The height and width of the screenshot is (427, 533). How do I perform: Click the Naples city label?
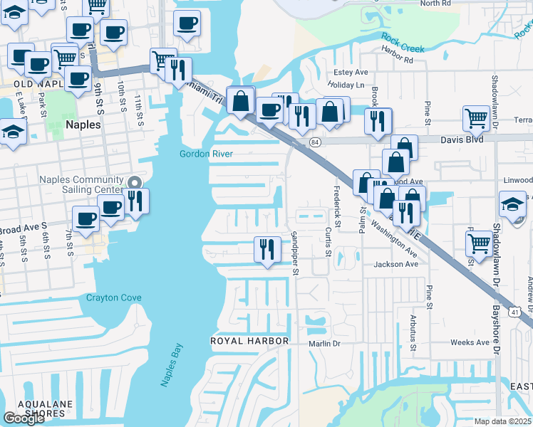click(83, 124)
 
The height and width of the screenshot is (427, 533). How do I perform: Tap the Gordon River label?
click(206, 154)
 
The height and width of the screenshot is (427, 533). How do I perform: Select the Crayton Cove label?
click(114, 297)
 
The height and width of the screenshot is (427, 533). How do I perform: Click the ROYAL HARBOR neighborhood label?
click(249, 341)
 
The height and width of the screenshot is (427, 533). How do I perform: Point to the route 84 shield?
click(316, 142)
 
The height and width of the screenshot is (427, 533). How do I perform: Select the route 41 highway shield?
click(514, 312)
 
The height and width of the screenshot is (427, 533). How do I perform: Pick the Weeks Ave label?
click(470, 342)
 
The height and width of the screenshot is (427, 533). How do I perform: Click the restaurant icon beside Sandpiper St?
click(267, 249)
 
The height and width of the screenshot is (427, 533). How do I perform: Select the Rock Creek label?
click(402, 43)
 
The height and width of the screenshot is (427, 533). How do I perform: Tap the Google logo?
click(24, 418)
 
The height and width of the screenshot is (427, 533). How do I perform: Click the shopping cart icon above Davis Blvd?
click(476, 118)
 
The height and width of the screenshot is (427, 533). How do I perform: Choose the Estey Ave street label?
click(351, 73)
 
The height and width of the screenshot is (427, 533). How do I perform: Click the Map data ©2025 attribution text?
click(503, 421)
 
